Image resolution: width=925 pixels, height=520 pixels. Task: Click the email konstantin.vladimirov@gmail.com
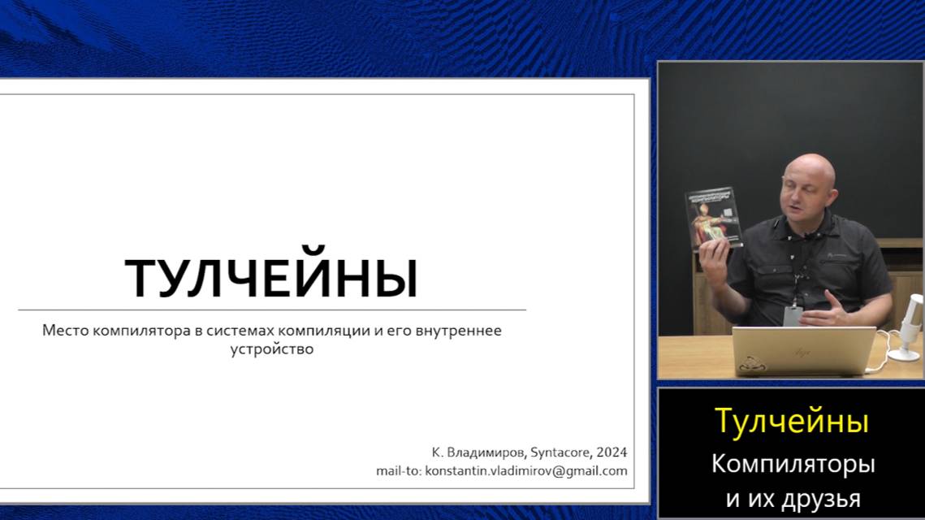(x=526, y=471)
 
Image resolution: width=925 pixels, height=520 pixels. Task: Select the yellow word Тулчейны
(x=791, y=421)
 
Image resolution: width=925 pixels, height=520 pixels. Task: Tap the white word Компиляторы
(x=793, y=464)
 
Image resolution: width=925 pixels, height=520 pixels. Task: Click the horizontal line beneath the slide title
(x=271, y=310)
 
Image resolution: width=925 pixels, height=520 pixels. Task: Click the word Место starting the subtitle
(x=66, y=331)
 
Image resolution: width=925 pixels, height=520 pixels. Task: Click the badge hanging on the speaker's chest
(x=793, y=315)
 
